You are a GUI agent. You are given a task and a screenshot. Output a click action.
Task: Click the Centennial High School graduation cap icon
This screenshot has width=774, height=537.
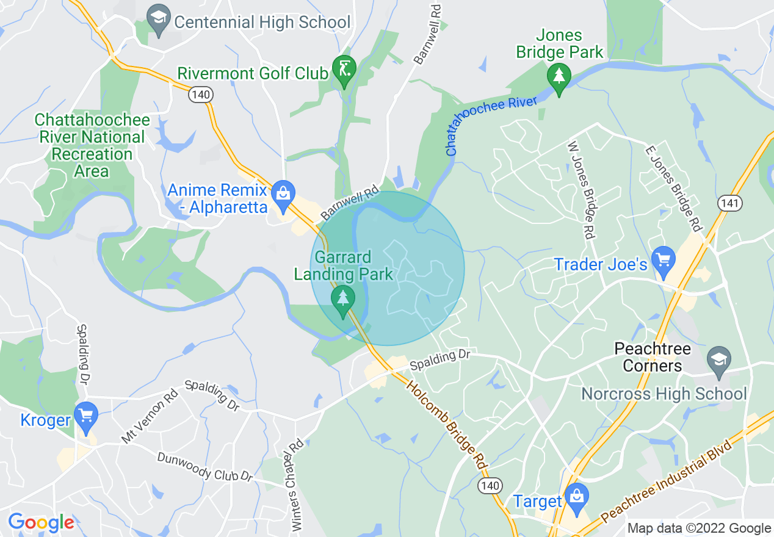(x=159, y=22)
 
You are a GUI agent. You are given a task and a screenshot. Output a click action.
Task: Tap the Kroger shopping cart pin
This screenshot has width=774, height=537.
(x=85, y=417)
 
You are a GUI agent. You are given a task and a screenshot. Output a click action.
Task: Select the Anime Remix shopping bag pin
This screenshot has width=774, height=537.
(x=283, y=193)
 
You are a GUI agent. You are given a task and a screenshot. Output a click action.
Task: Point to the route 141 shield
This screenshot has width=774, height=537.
(x=730, y=203)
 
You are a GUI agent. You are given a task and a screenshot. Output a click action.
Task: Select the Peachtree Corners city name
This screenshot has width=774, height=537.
(x=652, y=358)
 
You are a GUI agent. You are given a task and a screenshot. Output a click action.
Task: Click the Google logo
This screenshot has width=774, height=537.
(x=41, y=522)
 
